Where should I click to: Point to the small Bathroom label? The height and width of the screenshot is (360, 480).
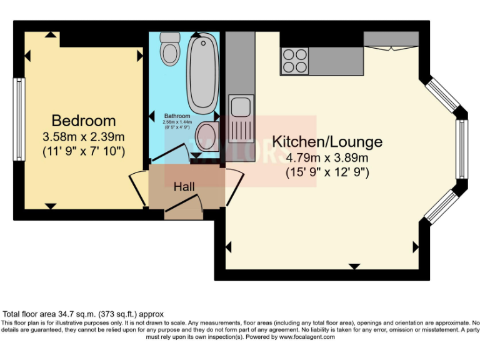tap(177, 116)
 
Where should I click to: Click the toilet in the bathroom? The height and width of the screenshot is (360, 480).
tap(169, 49)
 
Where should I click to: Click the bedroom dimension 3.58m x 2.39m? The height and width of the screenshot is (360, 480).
tap(83, 136)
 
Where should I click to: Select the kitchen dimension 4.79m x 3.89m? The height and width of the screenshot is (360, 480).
tap(327, 157)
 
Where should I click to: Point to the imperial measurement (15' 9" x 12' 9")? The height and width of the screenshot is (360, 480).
tap(327, 171)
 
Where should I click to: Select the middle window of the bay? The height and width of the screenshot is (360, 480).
tap(461, 148)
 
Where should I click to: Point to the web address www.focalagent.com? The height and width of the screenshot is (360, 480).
tap(306, 337)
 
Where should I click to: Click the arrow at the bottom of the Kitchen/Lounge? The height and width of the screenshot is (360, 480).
tap(354, 267)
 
